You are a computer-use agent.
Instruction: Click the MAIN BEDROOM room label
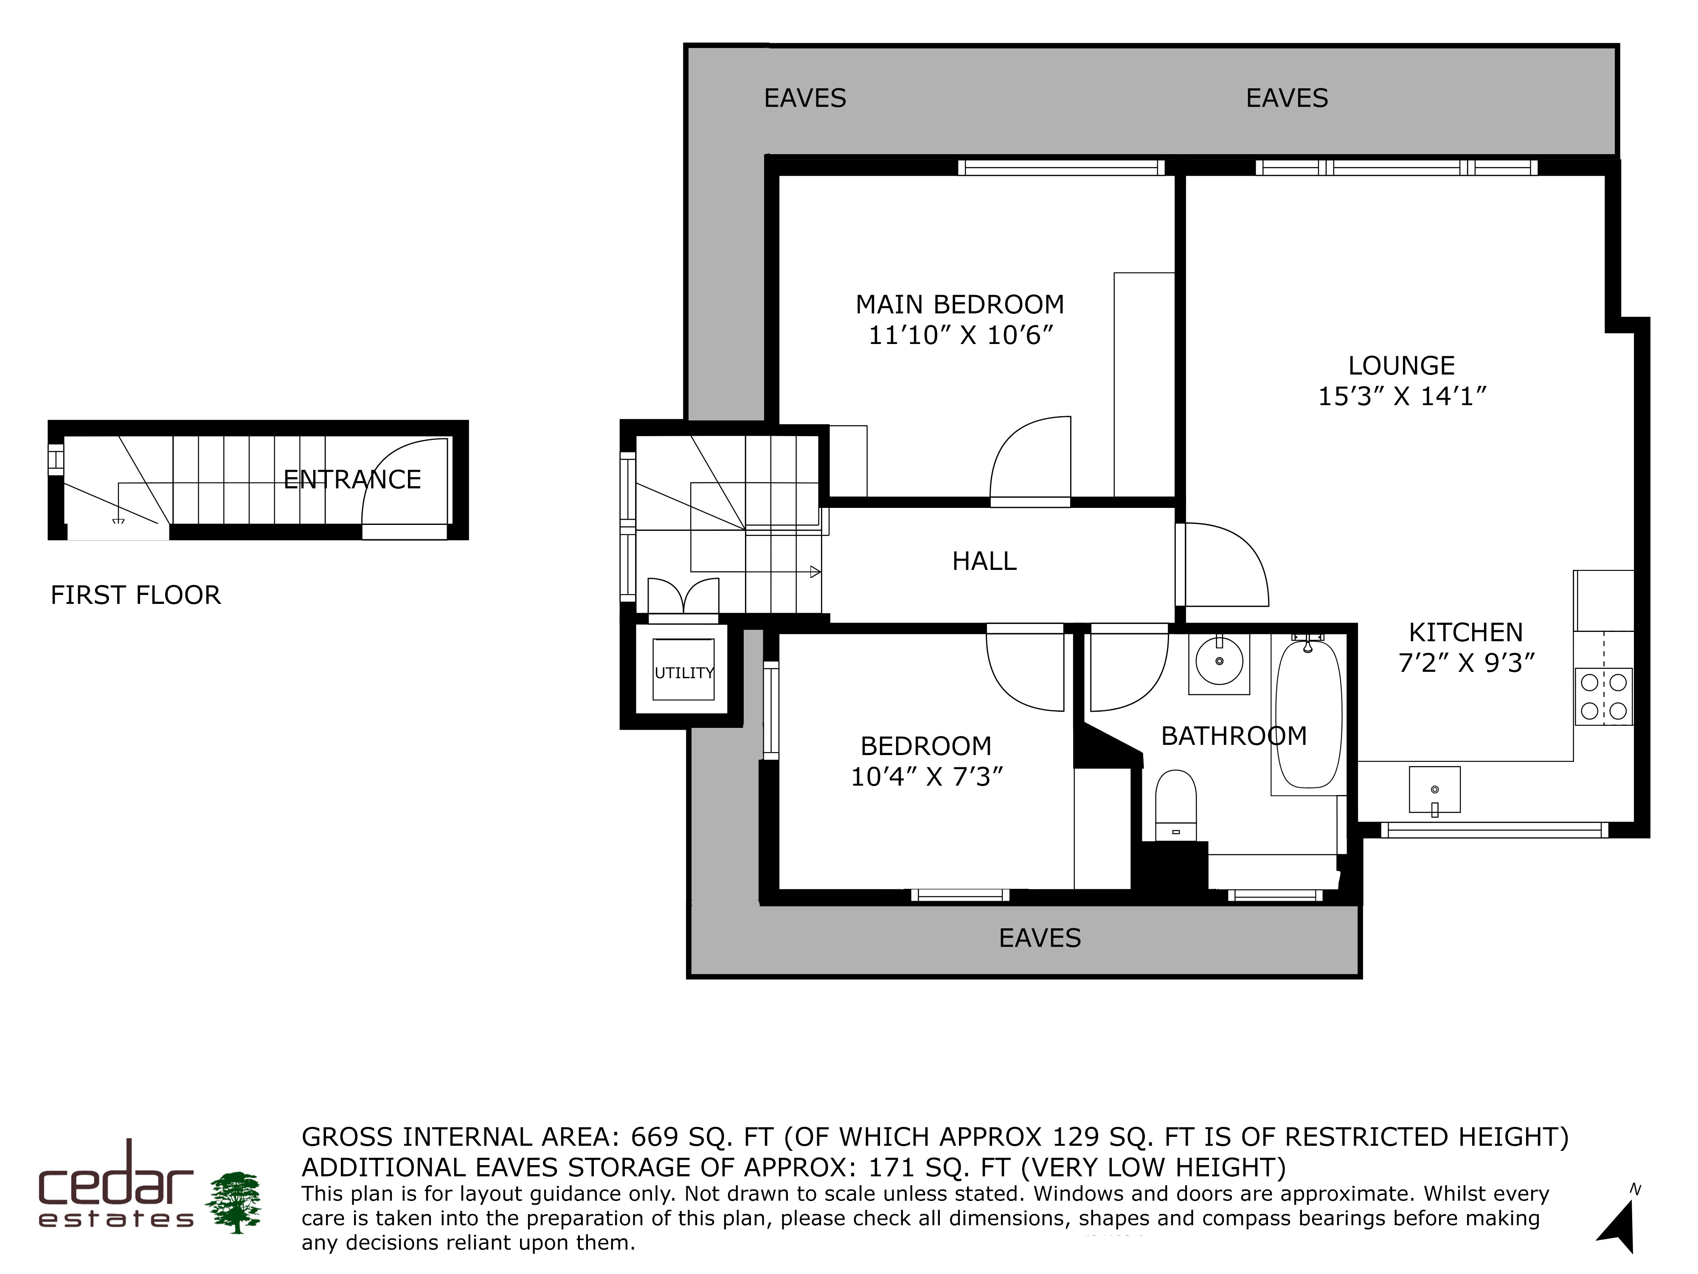coord(959,305)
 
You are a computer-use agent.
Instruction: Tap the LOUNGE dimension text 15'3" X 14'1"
coord(1403,396)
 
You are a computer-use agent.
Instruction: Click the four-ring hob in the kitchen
coord(1604,696)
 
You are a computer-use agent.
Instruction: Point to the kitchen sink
coord(1434,789)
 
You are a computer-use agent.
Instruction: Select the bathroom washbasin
coord(1219,663)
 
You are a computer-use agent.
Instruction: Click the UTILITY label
coord(684,673)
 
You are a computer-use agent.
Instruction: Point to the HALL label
coord(984,561)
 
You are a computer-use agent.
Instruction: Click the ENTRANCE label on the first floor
coord(352,480)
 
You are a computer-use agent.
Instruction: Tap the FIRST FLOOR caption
coord(136,595)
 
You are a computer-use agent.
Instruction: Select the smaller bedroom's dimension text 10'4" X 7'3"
coord(927,777)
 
